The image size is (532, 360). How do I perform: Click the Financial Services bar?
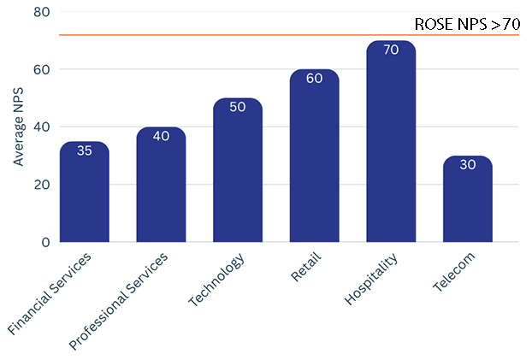[85, 192]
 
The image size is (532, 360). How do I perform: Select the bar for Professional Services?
[161, 185]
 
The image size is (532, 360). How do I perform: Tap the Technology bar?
[238, 170]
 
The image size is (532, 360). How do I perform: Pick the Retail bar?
[315, 156]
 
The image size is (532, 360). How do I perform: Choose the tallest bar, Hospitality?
[391, 141]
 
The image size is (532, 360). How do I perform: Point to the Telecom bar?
[468, 199]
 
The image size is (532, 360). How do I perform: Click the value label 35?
[85, 150]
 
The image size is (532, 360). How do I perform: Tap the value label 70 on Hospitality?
[391, 50]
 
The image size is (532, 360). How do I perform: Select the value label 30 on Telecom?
[468, 165]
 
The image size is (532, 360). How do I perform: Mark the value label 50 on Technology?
[238, 107]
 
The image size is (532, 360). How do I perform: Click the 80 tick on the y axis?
[42, 12]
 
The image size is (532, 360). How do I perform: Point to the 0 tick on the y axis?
[46, 242]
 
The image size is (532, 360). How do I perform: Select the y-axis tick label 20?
[42, 185]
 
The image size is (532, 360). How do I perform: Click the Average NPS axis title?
[18, 127]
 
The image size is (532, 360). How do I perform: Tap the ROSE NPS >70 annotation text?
[468, 25]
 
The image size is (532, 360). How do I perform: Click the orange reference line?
[289, 35]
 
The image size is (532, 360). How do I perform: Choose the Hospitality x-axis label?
[371, 279]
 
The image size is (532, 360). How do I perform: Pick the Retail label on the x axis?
[305, 267]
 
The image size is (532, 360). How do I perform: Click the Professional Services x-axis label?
[118, 301]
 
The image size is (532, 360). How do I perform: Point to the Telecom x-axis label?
[454, 272]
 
